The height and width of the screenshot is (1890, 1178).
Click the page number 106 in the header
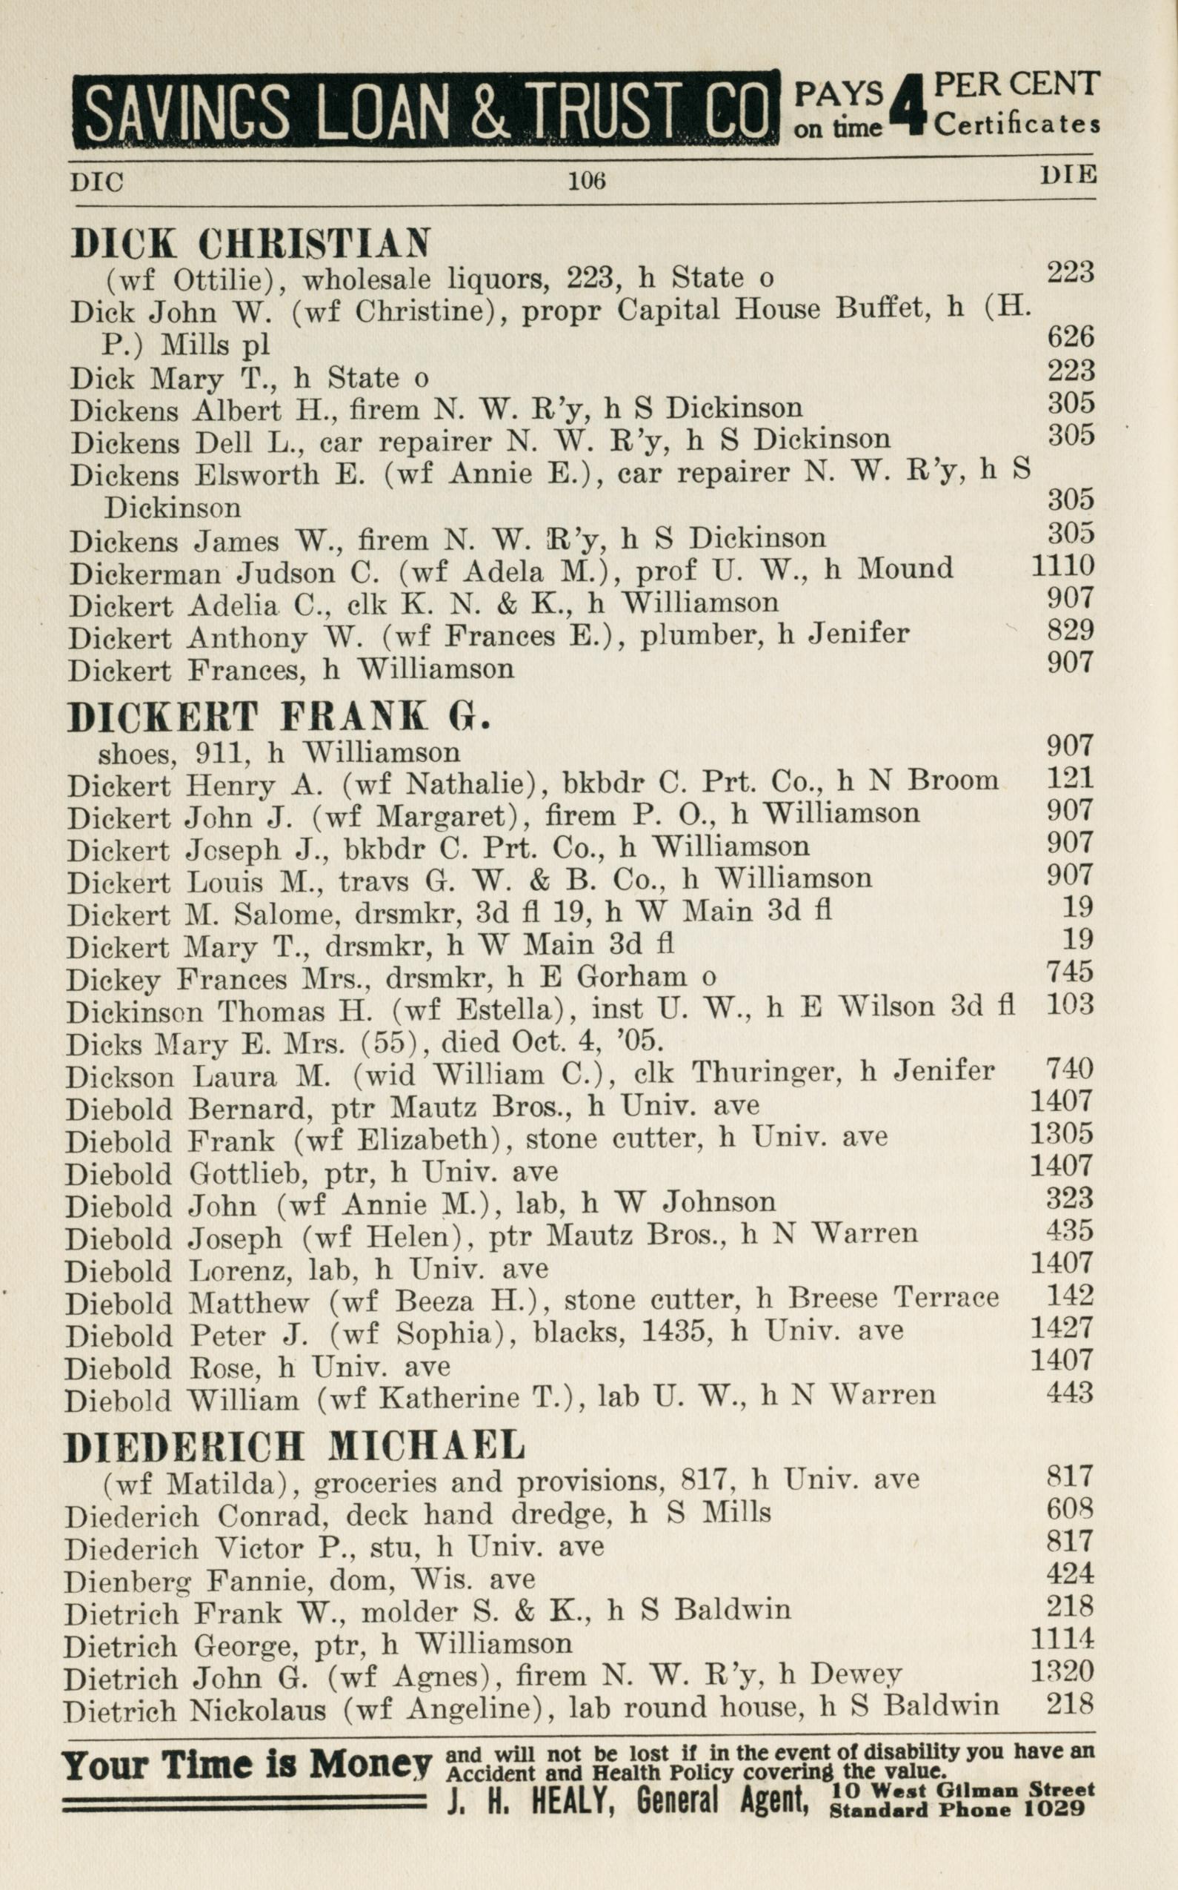click(587, 181)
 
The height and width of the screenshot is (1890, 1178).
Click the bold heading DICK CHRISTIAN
click(250, 243)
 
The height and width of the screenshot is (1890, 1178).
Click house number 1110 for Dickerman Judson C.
click(1062, 566)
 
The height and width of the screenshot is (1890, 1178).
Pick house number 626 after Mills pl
click(1071, 336)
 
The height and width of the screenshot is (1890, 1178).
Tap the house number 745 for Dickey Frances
click(1071, 972)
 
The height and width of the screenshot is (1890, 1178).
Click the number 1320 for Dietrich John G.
click(1062, 1671)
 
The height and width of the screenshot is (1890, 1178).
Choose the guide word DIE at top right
click(1068, 175)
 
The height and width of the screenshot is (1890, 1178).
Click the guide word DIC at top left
click(96, 182)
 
